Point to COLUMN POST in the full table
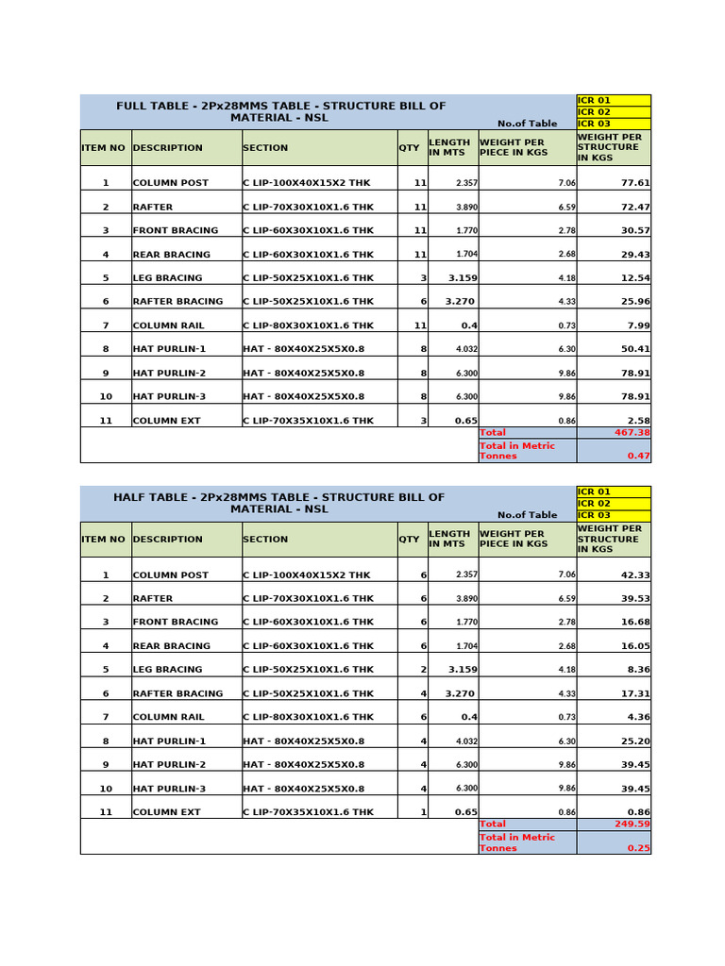171,183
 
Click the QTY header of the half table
409,540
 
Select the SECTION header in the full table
265,148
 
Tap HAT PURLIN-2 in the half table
169,764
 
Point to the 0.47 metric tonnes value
638,456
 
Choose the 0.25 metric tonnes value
638,848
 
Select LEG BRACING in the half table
167,670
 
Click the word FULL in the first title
132,106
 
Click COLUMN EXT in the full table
166,421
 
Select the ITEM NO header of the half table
104,540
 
